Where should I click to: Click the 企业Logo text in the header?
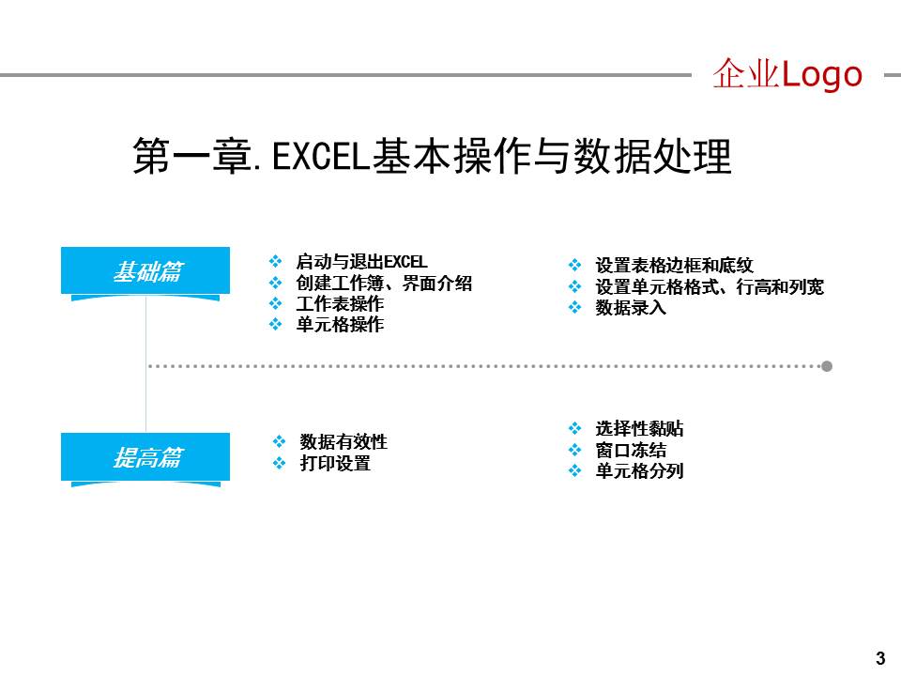tap(786, 74)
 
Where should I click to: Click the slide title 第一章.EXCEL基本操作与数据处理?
tap(432, 156)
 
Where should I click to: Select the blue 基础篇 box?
tap(145, 271)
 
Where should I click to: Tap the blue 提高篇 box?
tap(145, 457)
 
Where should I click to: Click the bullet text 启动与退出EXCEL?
tap(361, 262)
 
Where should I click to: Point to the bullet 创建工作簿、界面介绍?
tap(384, 283)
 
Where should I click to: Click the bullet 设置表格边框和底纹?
tap(674, 266)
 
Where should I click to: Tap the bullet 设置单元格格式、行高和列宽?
tap(710, 286)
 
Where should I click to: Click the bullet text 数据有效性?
tap(344, 441)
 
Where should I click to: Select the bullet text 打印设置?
tap(335, 463)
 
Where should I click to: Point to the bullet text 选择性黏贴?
tap(639, 429)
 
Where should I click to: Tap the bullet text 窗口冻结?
tap(631, 450)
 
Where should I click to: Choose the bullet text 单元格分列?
tap(639, 470)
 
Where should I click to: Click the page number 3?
tap(879, 657)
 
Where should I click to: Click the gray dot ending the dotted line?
tap(827, 366)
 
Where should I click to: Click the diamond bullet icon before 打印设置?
tap(279, 463)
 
